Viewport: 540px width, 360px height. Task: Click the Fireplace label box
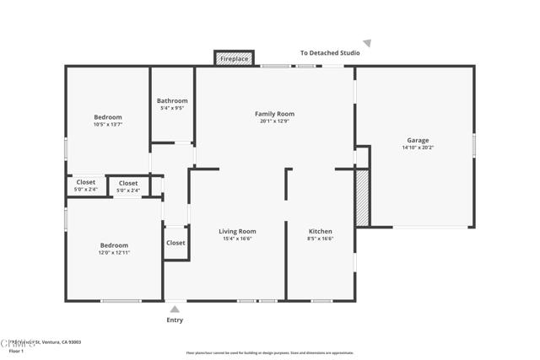pos(235,58)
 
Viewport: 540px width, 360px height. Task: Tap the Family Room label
pos(274,114)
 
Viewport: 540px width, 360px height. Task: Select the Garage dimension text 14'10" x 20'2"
pos(418,148)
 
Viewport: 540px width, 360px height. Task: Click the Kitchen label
pos(320,231)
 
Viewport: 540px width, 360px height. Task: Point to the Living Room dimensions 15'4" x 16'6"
pos(237,239)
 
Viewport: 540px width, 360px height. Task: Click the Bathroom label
pos(172,101)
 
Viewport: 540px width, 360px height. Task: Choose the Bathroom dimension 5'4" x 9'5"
pos(172,108)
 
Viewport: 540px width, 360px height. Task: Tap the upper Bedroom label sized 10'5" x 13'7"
pos(108,117)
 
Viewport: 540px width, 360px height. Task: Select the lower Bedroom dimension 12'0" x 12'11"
pos(114,252)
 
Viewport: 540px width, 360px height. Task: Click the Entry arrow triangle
pos(175,309)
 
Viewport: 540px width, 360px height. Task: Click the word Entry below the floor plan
pos(175,320)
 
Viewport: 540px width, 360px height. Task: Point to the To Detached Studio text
pos(330,53)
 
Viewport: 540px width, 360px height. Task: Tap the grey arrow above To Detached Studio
pos(367,43)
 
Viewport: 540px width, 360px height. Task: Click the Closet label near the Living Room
pos(175,243)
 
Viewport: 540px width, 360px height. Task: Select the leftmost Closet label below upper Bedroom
pos(86,182)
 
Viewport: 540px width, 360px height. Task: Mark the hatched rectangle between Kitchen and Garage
pos(362,198)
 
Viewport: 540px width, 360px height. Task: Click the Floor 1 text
pos(16,350)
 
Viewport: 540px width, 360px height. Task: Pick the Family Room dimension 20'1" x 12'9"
pos(274,121)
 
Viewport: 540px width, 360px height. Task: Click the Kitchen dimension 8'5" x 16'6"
pos(320,239)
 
